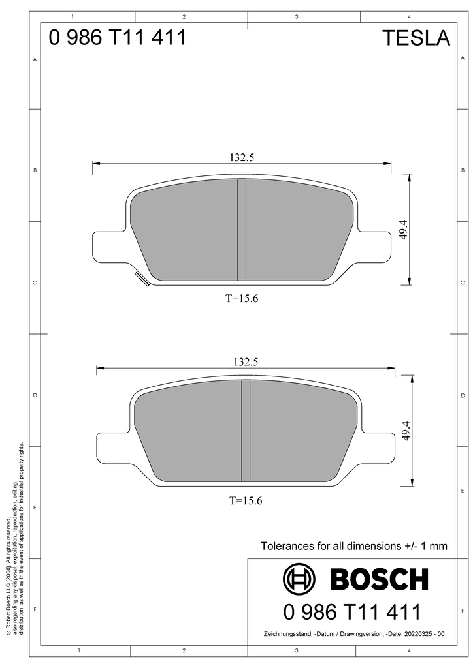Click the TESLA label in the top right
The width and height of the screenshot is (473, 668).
coord(416,38)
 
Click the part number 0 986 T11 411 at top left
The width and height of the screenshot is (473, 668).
coord(118,38)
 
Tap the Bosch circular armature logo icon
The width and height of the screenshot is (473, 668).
coord(299,579)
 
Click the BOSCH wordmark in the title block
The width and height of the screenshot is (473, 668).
coord(379,579)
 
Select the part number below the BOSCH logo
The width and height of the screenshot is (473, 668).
coord(352,612)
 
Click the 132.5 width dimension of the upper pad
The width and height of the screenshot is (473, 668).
coord(241,157)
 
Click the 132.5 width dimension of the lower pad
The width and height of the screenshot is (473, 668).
coord(245,363)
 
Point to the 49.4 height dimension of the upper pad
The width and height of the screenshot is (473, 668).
coord(404,230)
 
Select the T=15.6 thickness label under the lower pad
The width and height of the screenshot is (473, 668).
coord(246,500)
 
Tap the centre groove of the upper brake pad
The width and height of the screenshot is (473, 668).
coord(242,230)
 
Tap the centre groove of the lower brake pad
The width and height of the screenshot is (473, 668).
coord(246,431)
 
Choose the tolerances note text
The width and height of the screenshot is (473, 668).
coord(354,545)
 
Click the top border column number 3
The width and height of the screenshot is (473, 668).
coord(297,16)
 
